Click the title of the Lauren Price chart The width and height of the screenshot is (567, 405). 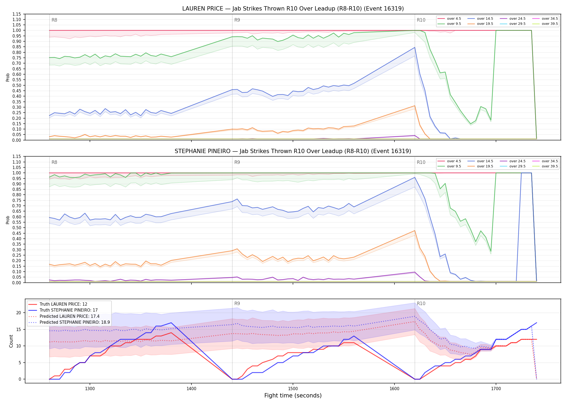click(293, 9)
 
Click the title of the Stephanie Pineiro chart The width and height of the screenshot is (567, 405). click(293, 151)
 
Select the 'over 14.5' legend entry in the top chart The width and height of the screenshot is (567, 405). click(480, 19)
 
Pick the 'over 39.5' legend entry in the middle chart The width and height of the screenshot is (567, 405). click(545, 166)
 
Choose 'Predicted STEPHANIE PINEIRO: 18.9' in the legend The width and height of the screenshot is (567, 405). click(69, 322)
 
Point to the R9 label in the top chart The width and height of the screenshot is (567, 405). click(237, 20)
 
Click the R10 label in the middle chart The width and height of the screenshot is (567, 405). click(421, 162)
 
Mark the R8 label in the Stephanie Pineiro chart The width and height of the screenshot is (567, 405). click(54, 162)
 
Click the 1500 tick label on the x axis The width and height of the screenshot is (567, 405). click(293, 389)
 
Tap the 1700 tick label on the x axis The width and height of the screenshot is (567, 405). click(496, 389)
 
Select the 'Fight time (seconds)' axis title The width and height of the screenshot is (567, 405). click(293, 396)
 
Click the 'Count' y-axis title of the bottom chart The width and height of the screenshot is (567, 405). click(11, 341)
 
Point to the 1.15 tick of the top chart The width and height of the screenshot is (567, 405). click(17, 14)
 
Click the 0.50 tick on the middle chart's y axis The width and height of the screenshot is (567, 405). click(17, 228)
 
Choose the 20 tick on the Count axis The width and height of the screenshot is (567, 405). click(19, 313)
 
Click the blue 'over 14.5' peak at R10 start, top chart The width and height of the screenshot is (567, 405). click(415, 48)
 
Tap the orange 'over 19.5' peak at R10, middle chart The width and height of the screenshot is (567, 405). click(415, 231)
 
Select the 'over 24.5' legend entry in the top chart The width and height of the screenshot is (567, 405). click(513, 19)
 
